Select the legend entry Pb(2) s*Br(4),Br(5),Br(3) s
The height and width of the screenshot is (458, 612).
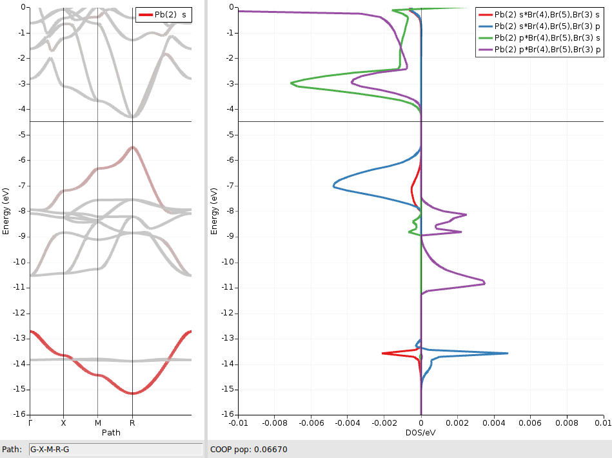[547, 15]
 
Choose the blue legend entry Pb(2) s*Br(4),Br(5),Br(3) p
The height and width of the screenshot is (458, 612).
[547, 26]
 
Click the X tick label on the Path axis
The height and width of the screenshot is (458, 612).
[63, 424]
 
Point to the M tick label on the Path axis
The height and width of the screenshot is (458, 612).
[97, 424]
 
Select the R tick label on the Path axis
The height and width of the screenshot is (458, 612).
[132, 424]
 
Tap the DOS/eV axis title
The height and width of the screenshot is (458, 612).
[420, 433]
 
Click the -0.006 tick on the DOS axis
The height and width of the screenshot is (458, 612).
[311, 424]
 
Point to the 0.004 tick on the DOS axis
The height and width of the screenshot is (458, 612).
[493, 424]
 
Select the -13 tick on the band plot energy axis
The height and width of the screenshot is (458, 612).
[19, 338]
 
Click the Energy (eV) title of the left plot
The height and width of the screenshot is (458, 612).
[6, 210]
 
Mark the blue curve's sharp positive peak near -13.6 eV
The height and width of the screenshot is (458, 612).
[507, 353]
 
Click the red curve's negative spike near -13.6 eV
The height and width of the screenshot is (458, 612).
[383, 353]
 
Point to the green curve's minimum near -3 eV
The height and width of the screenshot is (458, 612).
[291, 83]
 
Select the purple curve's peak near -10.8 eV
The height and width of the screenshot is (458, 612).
[484, 283]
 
